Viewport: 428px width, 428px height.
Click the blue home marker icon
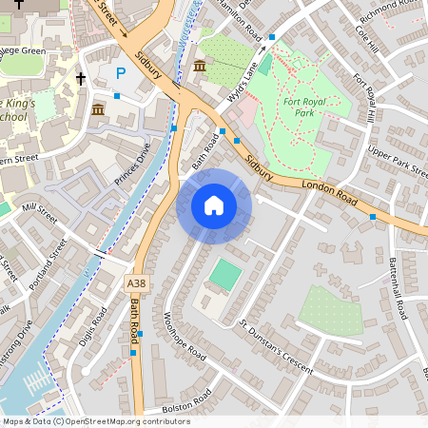click(x=214, y=204)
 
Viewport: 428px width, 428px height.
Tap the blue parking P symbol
click(x=120, y=72)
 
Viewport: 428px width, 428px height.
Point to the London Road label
click(x=329, y=193)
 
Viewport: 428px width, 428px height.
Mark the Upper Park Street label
click(x=399, y=160)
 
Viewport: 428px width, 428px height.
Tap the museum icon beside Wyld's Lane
click(x=201, y=66)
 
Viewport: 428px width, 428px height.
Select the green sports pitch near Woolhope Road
click(x=225, y=276)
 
